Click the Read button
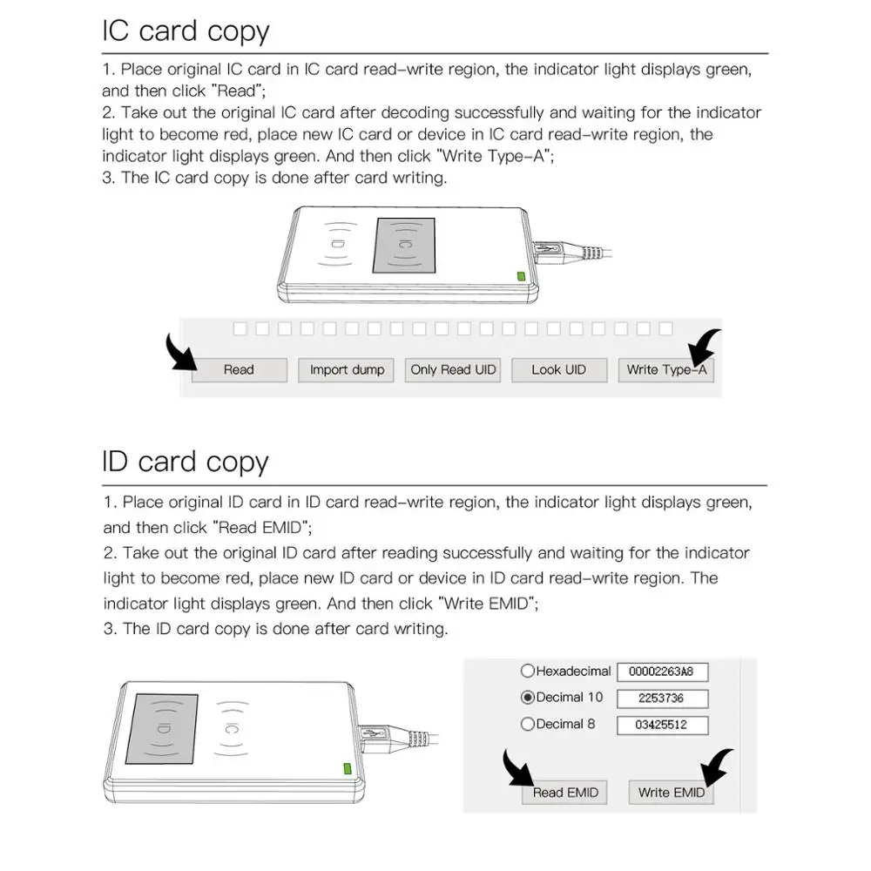(x=239, y=370)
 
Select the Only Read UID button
(x=453, y=370)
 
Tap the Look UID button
(x=558, y=370)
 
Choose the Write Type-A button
(x=666, y=370)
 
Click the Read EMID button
(x=565, y=793)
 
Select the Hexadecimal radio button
(x=527, y=672)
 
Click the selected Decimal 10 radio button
(x=527, y=698)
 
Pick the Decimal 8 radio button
(x=527, y=725)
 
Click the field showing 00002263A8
(x=662, y=672)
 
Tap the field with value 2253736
(x=662, y=699)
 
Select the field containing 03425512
(x=662, y=726)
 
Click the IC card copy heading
(x=186, y=31)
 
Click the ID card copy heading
(x=186, y=461)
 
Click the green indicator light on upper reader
(x=521, y=277)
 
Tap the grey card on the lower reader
(x=162, y=726)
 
